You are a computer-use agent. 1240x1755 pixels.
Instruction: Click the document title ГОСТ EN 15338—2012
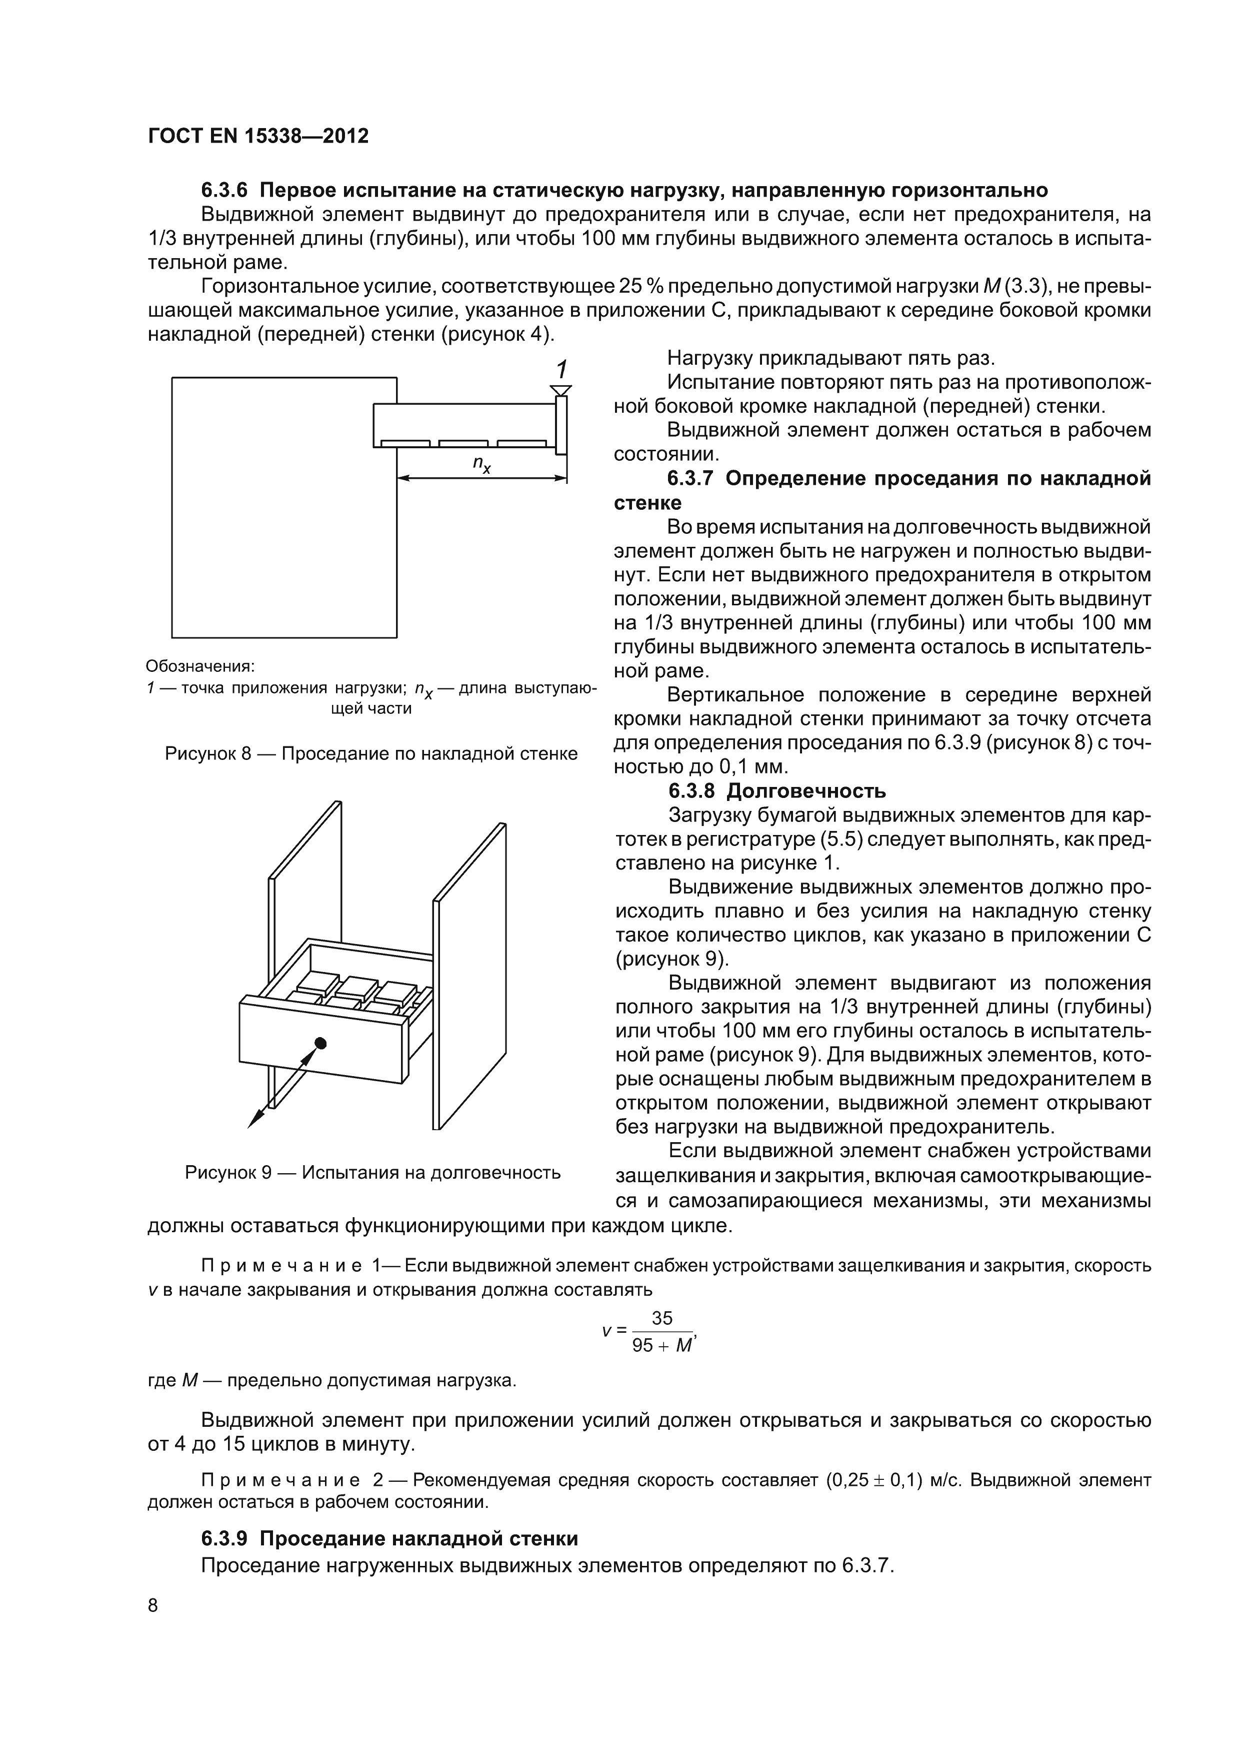257,136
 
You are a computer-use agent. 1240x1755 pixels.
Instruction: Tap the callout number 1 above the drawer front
561,370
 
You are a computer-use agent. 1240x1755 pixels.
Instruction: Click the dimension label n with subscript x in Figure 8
481,464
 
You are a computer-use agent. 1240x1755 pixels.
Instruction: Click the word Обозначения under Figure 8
199,666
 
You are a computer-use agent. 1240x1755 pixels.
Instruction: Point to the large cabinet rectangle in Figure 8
282,535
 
